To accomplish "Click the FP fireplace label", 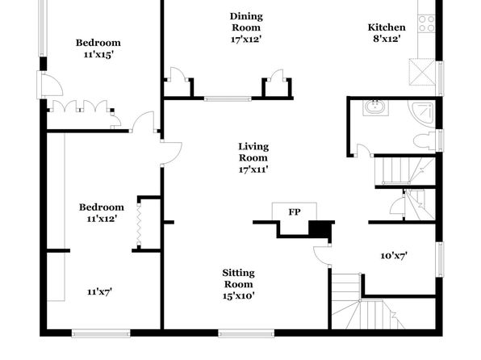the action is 295,211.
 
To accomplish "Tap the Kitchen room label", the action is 387,27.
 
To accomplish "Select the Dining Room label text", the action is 246,22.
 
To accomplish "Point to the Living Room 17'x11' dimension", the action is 253,170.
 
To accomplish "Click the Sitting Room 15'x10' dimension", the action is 238,295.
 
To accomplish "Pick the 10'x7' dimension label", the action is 394,255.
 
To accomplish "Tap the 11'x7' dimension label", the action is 99,291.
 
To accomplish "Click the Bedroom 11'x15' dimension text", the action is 98,54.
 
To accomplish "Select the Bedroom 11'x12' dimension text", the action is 102,219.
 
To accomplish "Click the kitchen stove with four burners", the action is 426,24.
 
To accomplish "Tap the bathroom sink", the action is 375,107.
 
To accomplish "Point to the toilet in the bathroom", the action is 425,141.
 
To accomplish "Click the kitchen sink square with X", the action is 422,72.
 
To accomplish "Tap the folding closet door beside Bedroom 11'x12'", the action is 139,223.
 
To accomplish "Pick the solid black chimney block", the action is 319,229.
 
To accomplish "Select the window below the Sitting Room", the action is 246,333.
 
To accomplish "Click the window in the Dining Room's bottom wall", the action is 228,98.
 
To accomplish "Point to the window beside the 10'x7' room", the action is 440,260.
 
